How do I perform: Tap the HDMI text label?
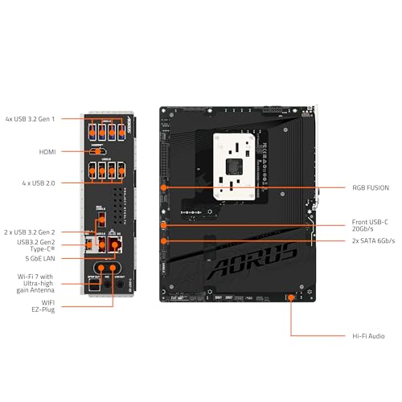point(47,150)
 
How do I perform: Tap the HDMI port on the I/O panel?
point(98,150)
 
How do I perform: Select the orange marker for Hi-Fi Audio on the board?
point(291,297)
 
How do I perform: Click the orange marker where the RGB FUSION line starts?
point(164,187)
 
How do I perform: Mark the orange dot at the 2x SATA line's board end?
point(164,240)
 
